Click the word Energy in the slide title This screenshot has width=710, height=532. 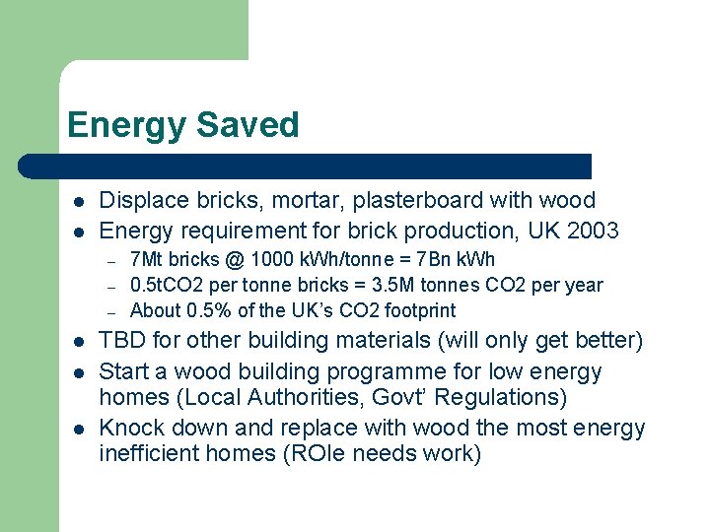(x=126, y=126)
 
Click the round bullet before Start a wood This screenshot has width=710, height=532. (x=77, y=372)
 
